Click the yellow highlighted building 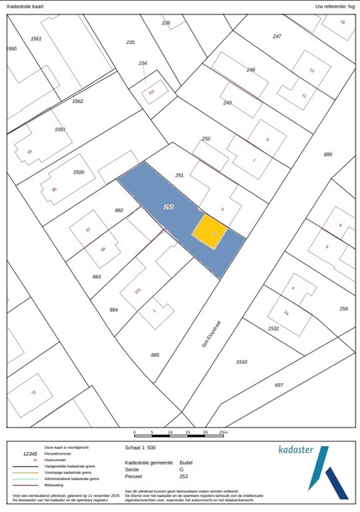click(210, 231)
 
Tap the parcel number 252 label click(169, 207)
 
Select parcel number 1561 click(36, 39)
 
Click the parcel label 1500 click(78, 172)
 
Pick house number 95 click(54, 189)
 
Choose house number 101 click(137, 291)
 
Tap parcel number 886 click(327, 154)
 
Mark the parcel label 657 click(279, 385)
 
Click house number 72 click(33, 393)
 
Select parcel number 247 click(277, 35)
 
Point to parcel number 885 click(155, 355)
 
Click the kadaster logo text click(295, 450)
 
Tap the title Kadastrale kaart click(25, 6)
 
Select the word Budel click(186, 462)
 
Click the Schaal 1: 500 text click(142, 448)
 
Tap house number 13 click(311, 70)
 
